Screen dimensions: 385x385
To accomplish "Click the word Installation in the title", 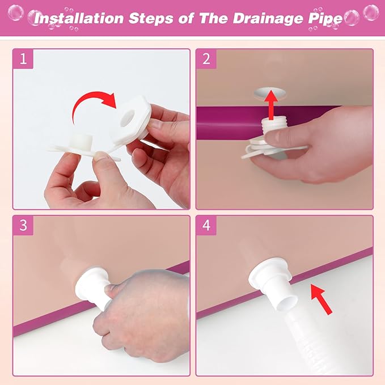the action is tap(79, 18).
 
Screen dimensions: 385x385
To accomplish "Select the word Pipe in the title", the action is tap(325, 19).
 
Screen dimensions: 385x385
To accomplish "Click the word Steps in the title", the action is tap(151, 19).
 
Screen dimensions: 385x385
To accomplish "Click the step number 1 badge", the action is tap(23, 59).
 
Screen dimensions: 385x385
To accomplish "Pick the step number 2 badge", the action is tap(206, 59).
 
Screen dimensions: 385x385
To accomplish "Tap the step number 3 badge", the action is tap(23, 225).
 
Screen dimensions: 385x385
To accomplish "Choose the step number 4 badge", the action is tap(206, 225).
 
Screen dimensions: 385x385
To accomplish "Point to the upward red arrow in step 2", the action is tap(271, 104).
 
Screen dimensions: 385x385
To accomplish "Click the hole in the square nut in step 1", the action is tap(128, 116).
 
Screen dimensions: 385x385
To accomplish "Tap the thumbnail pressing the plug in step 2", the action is tap(276, 137).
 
